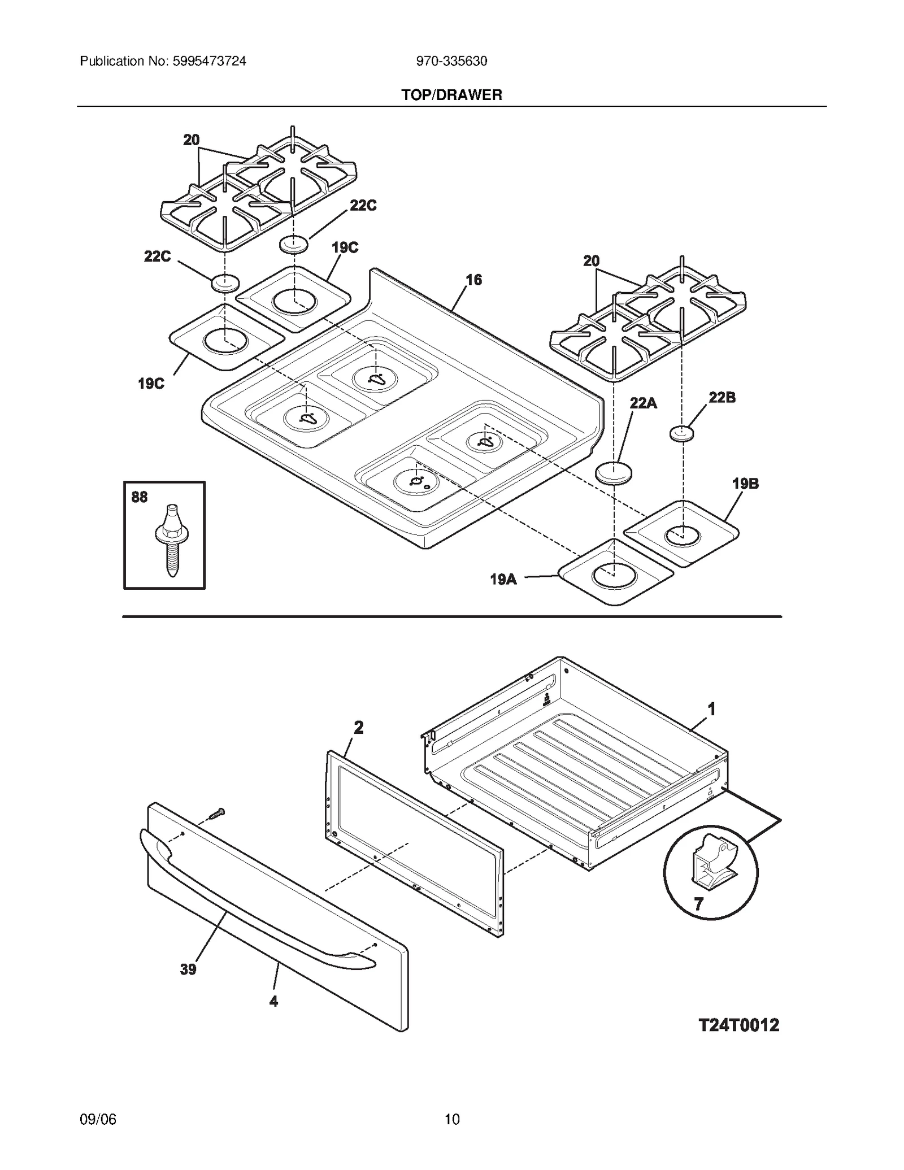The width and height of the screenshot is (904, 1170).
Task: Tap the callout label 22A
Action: click(x=643, y=403)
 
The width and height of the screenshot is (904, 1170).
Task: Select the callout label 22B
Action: click(x=722, y=397)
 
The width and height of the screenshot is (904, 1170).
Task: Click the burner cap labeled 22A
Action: click(x=614, y=473)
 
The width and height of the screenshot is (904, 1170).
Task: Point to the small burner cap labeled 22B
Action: click(x=682, y=434)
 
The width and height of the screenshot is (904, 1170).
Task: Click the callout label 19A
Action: click(x=503, y=579)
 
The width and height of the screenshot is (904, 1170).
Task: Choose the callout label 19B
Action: click(x=745, y=483)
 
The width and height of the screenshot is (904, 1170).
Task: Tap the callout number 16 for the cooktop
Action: click(x=473, y=280)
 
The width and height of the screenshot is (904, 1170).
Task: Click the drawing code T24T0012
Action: click(x=738, y=1025)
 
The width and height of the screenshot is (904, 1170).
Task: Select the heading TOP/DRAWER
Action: click(x=451, y=95)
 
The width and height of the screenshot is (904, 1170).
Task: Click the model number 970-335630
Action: click(x=451, y=61)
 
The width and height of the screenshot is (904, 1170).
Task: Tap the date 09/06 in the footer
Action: click(x=98, y=1119)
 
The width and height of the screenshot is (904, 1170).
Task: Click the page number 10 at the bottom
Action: click(x=451, y=1119)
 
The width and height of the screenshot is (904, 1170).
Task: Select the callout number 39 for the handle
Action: click(x=188, y=969)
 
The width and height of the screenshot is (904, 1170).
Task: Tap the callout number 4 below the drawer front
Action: click(x=273, y=1001)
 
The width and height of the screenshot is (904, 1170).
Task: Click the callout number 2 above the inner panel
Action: click(x=358, y=728)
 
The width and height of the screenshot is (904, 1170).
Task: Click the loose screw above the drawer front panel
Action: click(x=217, y=814)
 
